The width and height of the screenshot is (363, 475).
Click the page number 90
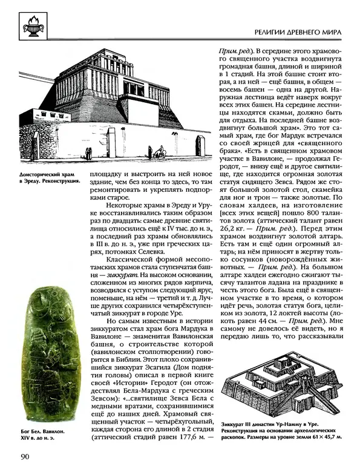[x=27, y=456]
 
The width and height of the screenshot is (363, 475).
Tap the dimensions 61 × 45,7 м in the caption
[x=324, y=435]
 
